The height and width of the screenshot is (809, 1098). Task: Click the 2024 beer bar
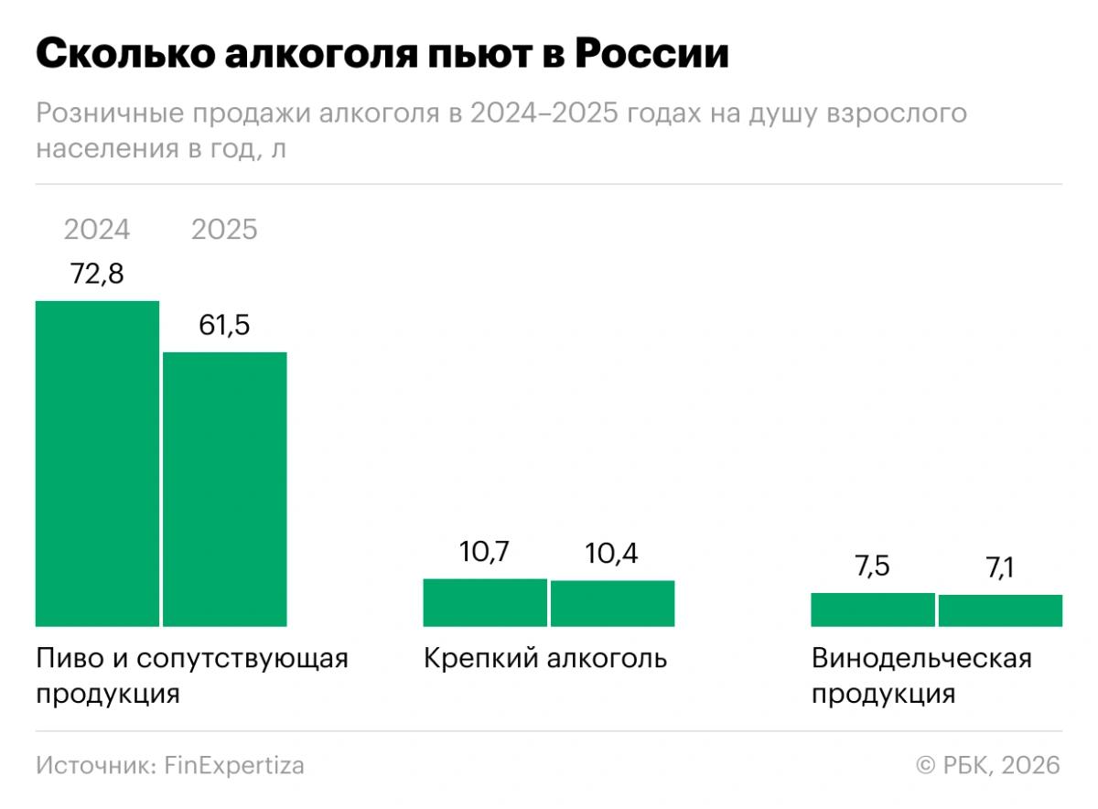(97, 463)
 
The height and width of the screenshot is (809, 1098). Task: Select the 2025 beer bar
(225, 489)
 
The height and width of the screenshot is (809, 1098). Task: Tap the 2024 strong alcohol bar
(485, 602)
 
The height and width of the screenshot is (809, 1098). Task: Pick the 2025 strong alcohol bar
(612, 603)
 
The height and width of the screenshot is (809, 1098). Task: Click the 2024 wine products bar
(873, 609)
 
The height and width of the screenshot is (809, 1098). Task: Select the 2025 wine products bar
(1000, 610)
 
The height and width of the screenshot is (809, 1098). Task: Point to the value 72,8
(97, 274)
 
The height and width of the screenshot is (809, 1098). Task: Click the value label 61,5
(225, 325)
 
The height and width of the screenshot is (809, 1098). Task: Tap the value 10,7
(485, 553)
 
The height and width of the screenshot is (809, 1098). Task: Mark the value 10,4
(612, 554)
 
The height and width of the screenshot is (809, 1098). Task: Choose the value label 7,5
(873, 566)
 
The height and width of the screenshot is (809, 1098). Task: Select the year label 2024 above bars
(97, 229)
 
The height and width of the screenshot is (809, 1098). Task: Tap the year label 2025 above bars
(225, 229)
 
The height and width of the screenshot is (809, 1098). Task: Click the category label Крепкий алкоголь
(545, 659)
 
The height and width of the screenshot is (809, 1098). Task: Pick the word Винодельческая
(921, 659)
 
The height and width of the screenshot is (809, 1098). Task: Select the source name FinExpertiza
(234, 765)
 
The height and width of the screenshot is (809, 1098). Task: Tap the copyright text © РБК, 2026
(988, 765)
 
